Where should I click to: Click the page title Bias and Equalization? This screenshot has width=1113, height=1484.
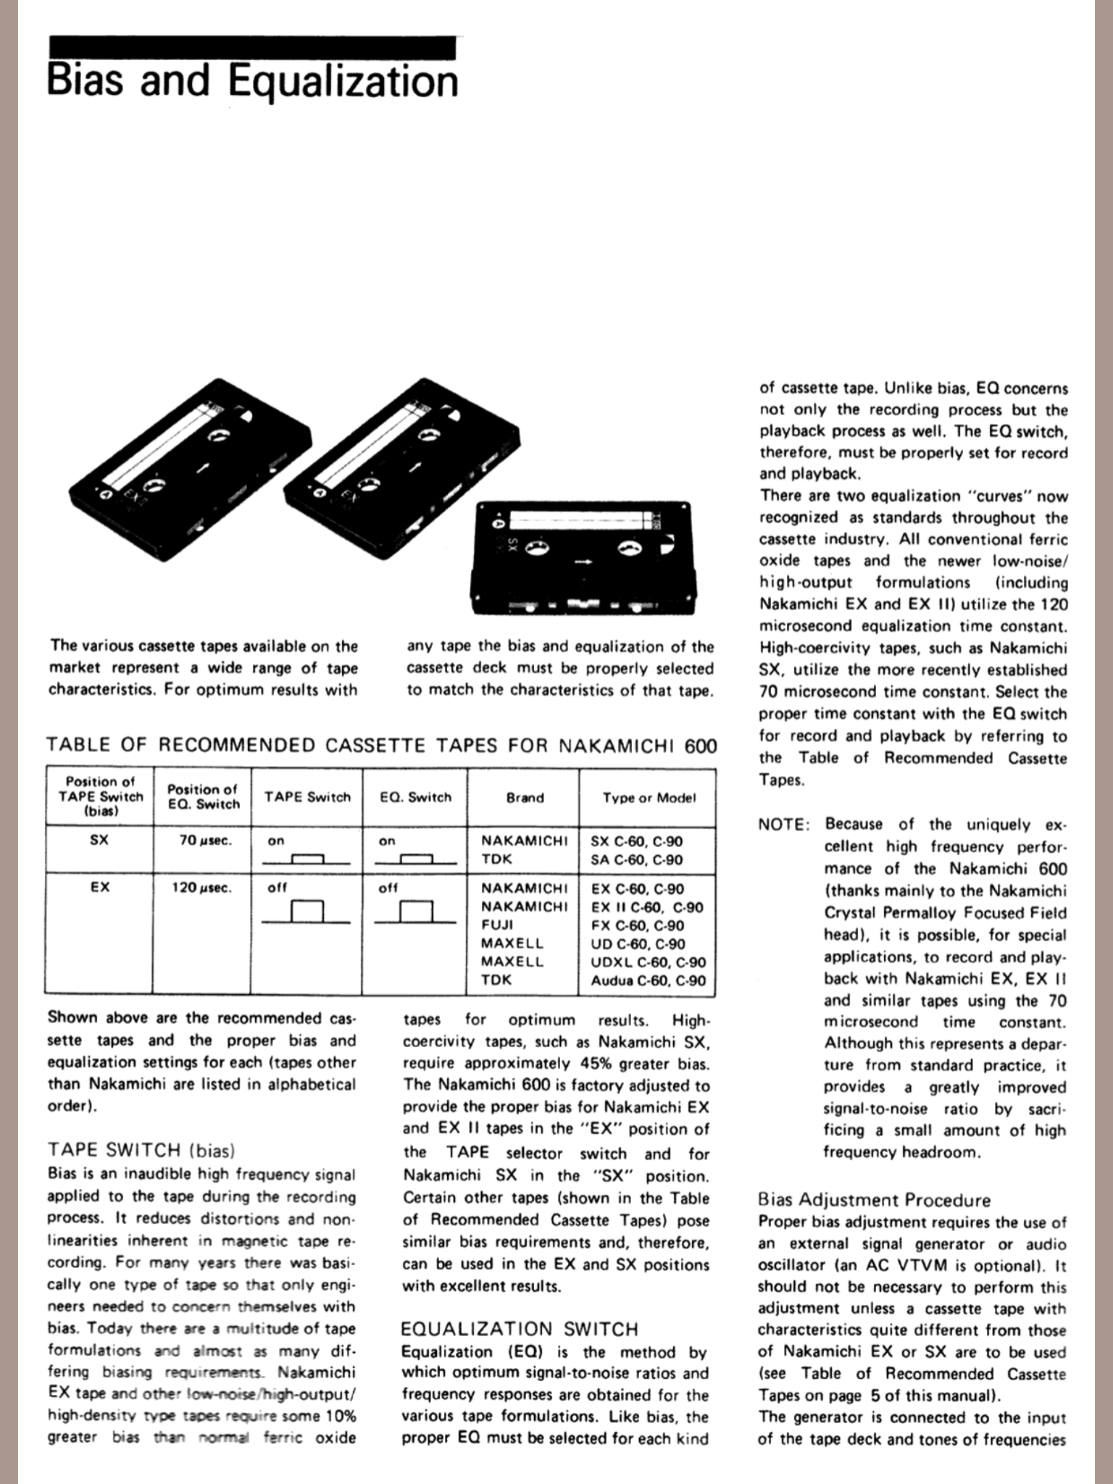pos(252,81)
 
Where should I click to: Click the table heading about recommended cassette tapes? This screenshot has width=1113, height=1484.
pos(381,745)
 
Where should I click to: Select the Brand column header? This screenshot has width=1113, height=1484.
pos(525,798)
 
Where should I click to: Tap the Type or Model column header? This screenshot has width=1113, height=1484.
pos(649,798)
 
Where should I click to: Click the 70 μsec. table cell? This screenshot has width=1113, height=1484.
pos(205,841)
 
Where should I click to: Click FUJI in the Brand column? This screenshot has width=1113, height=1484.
pos(498,925)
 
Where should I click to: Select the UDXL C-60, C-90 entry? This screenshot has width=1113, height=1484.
pos(648,962)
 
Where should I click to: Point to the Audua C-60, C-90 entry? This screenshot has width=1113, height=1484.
pos(648,980)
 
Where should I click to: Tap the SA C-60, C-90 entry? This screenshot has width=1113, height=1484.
pos(637,860)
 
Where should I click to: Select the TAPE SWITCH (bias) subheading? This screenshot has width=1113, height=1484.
pos(141,1150)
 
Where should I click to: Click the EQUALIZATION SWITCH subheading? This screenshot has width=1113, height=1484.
pos(520,1329)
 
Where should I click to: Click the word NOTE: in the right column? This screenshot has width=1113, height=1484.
pos(783,825)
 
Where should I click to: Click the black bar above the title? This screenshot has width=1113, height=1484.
pos(252,47)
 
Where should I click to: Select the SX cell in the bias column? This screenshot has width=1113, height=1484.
pos(100,841)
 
